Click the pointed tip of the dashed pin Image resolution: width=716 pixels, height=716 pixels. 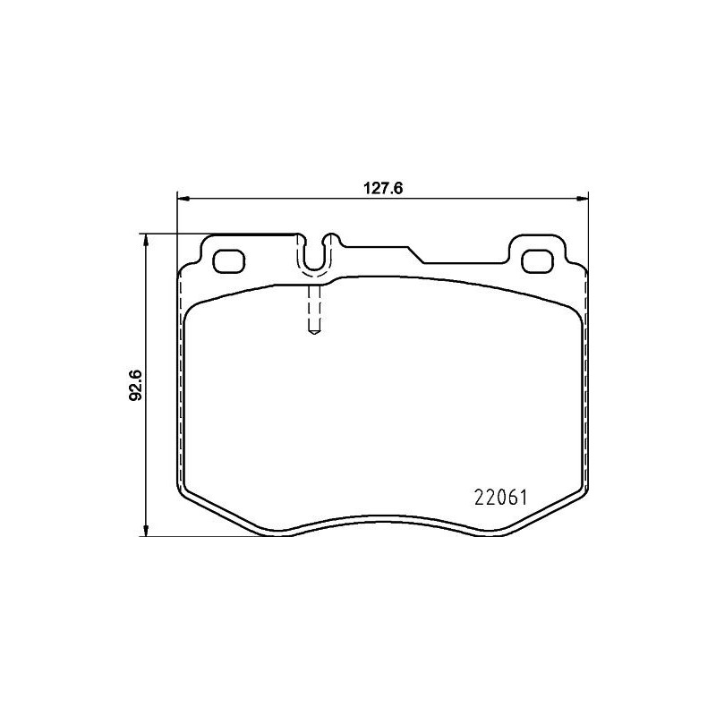[x=313, y=334]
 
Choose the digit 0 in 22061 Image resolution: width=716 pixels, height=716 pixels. [x=499, y=495]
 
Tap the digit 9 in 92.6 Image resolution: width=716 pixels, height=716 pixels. [x=136, y=394]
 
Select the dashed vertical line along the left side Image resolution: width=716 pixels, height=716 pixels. [x=182, y=376]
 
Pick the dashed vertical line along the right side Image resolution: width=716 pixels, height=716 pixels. [x=584, y=376]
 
